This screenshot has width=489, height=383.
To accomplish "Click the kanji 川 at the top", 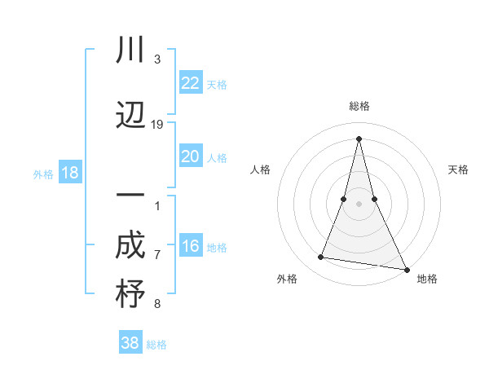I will (x=130, y=51).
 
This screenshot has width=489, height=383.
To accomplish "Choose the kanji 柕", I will (x=130, y=294).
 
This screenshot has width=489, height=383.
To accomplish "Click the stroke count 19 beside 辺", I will (x=157, y=125).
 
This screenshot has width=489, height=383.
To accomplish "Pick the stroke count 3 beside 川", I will (x=157, y=59).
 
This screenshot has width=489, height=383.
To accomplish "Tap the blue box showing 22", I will (x=191, y=83).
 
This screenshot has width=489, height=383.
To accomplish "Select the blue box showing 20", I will (x=191, y=156).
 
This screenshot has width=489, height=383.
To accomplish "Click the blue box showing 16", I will (x=191, y=247).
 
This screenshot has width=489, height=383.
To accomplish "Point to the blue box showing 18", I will (x=70, y=173).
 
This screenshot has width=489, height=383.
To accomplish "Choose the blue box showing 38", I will (x=130, y=343).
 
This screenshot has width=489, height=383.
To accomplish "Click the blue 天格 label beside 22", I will (x=217, y=85).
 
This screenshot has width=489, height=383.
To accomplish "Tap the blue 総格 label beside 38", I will (x=156, y=345).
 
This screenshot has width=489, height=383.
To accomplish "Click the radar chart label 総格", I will (x=359, y=106).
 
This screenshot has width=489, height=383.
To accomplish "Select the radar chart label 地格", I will (x=427, y=279).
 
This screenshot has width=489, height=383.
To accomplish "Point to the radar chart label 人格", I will (x=261, y=169).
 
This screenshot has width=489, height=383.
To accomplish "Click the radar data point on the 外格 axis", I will (x=321, y=258).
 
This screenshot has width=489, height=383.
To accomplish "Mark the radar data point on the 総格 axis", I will (x=359, y=138).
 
